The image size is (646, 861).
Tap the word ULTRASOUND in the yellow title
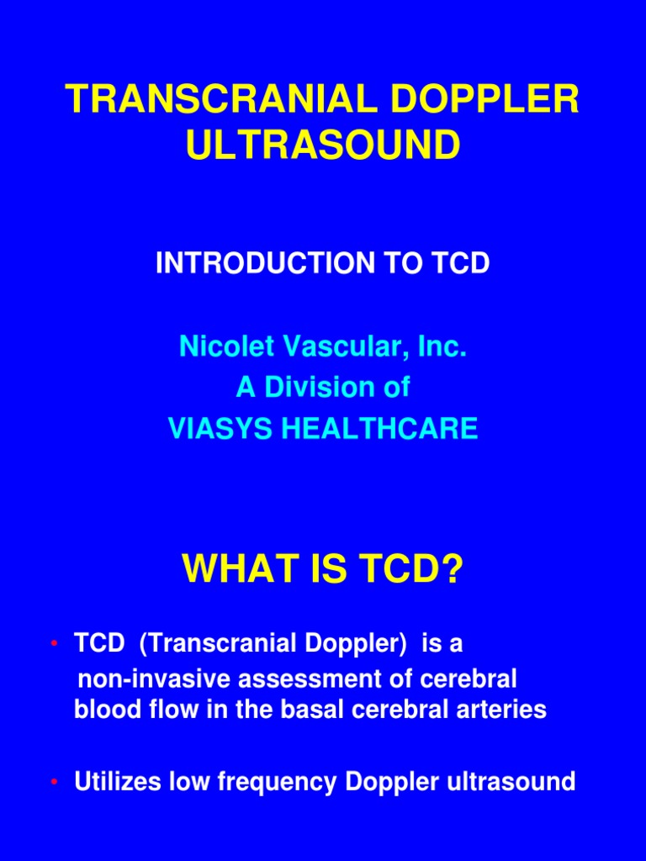coord(323,145)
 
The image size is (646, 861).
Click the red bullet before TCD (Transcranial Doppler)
coord(54,644)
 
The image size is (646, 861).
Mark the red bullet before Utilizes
coord(54,783)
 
